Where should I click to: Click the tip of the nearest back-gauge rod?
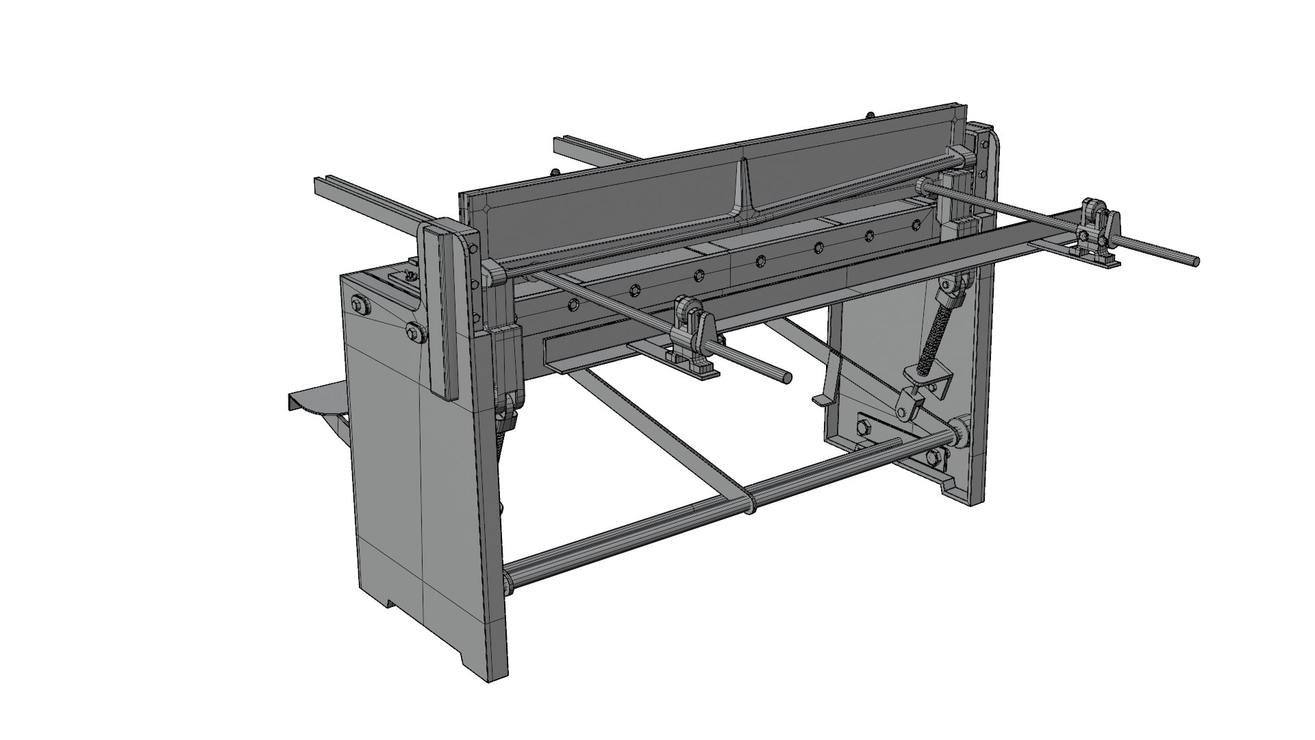click(x=788, y=377)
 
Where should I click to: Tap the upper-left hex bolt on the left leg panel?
click(x=359, y=304)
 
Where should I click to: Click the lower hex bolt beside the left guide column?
click(x=414, y=332)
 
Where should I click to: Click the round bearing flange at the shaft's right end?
click(x=957, y=434)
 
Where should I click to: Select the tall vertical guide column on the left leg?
click(x=445, y=308)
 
